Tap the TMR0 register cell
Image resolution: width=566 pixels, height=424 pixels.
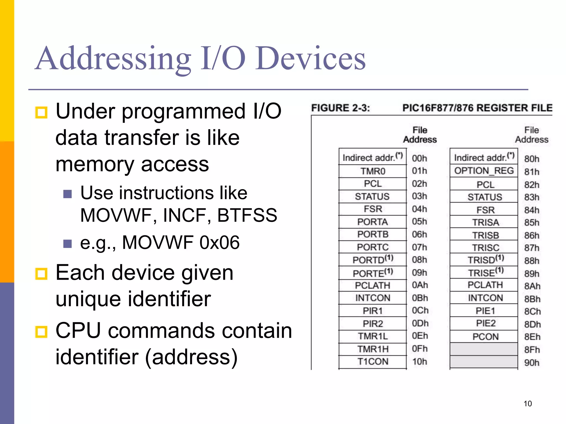(x=373, y=171)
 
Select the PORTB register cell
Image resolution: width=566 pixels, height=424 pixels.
(x=373, y=234)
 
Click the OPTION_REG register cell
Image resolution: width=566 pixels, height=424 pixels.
(x=484, y=171)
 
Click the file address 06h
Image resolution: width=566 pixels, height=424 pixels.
(x=420, y=234)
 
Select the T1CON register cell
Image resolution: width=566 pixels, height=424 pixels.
(x=373, y=362)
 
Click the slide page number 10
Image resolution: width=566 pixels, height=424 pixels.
(x=528, y=404)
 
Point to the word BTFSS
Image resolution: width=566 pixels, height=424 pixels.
(x=247, y=215)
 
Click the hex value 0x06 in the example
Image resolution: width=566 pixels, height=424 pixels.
(x=219, y=243)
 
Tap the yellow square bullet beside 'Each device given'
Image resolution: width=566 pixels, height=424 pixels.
(x=41, y=274)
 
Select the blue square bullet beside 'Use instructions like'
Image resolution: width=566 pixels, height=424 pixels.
(x=67, y=194)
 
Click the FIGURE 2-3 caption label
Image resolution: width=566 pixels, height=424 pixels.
(x=340, y=108)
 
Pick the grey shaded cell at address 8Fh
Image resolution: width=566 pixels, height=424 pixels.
(x=484, y=349)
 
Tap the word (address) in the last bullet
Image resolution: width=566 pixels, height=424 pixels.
(x=191, y=357)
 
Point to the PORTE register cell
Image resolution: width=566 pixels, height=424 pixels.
(x=373, y=273)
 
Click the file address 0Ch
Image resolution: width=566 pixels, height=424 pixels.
(x=420, y=311)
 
